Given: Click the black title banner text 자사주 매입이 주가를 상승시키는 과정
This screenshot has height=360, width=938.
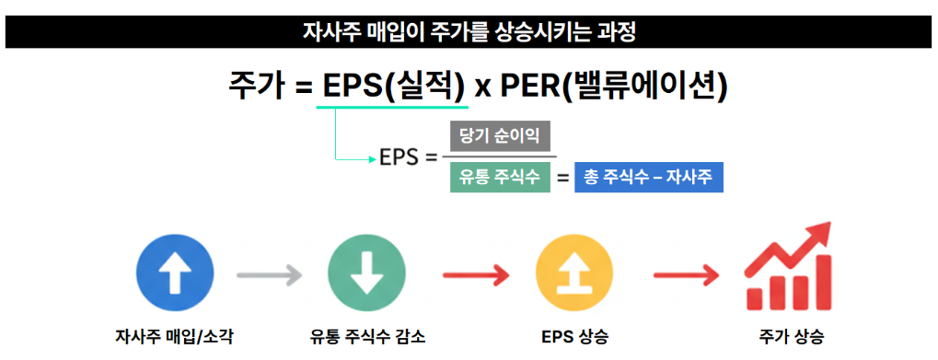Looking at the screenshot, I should coord(469,31).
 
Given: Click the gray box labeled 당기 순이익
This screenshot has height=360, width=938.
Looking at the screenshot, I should coord(500,136).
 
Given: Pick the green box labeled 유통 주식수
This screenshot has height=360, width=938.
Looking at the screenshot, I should coord(500,178).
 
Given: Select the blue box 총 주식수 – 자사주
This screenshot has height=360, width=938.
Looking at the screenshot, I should coord(649,178).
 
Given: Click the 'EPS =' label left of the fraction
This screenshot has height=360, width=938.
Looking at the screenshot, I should coord(408,157).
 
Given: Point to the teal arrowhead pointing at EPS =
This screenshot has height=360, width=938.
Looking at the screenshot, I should coord(370,158).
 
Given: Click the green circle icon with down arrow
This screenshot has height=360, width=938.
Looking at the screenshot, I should coord(366,274).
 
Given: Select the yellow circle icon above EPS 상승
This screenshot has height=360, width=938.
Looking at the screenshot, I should coord(573,274).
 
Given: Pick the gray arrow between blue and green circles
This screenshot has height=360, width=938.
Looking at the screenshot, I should coord(269,274).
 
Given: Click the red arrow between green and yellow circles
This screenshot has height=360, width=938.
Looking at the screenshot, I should coord(476,274).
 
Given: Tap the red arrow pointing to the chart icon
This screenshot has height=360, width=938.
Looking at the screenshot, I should coord(686,274).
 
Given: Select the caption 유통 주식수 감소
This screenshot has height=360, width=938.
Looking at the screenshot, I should coord(367,334).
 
